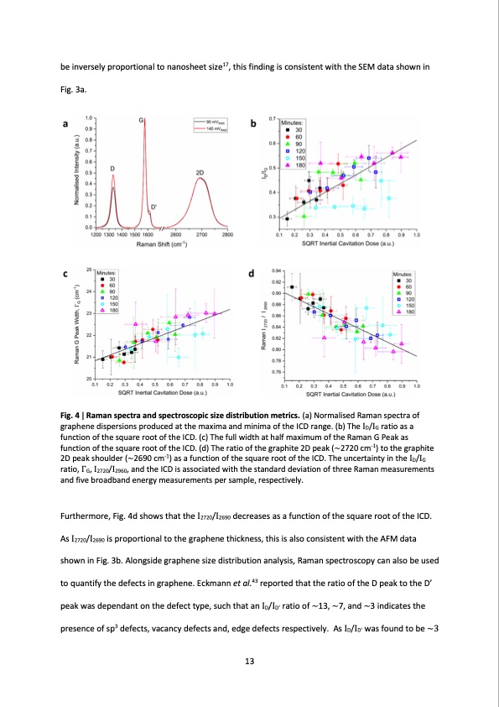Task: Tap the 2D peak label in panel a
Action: (x=200, y=172)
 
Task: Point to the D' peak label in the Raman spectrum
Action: (x=152, y=207)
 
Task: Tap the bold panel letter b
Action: (x=254, y=124)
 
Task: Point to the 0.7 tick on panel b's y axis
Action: (x=273, y=120)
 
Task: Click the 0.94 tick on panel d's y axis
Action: (x=276, y=271)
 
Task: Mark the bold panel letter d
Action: (x=252, y=275)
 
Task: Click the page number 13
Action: (x=249, y=662)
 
